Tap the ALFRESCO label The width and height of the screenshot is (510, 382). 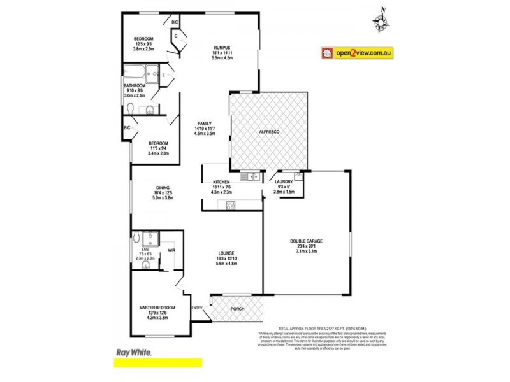269,132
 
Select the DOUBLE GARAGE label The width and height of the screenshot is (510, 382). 307,241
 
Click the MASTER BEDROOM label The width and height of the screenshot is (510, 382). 157,309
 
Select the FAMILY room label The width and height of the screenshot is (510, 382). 204,123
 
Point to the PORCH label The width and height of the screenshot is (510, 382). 237,309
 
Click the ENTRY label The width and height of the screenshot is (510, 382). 197,309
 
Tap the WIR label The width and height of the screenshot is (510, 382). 171,250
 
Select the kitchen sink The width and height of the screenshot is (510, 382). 249,176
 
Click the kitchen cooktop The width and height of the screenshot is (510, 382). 229,204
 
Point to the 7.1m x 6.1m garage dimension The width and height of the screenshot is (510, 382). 307,251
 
